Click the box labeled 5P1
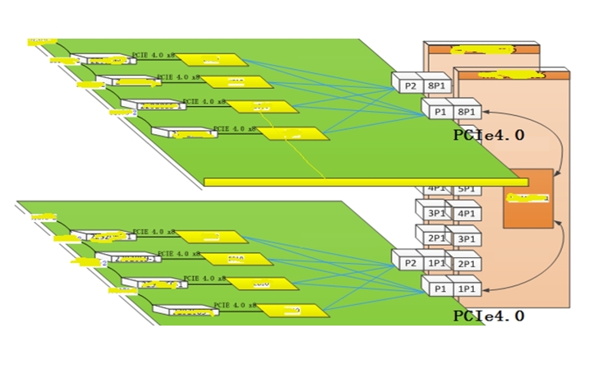click(467, 189)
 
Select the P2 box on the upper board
click(407, 85)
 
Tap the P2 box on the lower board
click(407, 263)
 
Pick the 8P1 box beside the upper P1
click(467, 111)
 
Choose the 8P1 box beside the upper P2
click(437, 85)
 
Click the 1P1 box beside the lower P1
click(467, 289)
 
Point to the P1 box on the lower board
click(438, 289)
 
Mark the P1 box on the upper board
click(438, 111)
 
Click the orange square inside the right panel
click(527, 198)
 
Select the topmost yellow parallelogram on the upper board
click(213, 59)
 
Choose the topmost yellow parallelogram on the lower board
click(213, 238)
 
